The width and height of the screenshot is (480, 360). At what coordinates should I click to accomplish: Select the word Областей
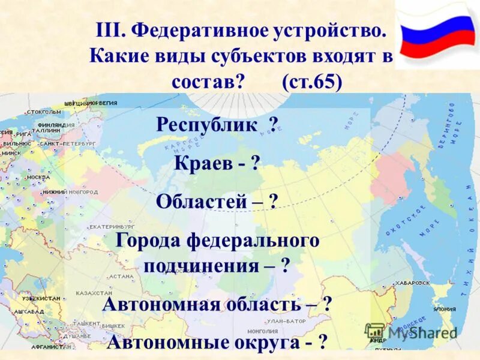tap(202, 201)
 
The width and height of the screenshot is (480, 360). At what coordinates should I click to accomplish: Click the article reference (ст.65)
tap(313, 81)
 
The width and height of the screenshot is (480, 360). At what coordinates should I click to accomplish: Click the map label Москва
tap(38, 178)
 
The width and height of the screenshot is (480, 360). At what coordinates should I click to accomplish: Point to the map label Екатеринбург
tap(112, 227)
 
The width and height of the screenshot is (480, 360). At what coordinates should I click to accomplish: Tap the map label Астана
tap(121, 277)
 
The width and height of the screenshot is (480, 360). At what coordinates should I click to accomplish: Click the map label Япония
tap(444, 310)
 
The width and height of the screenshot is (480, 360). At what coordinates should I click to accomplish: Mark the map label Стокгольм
tap(44, 112)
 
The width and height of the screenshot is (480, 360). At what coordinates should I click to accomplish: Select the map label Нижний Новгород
tap(62, 192)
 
